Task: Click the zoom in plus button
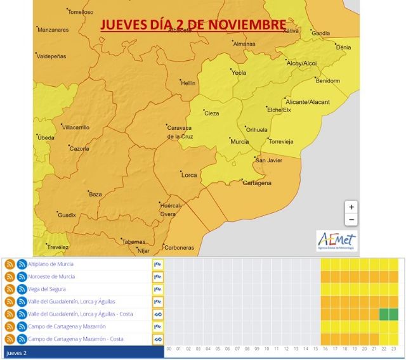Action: (x=351, y=207)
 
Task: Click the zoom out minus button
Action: (x=351, y=220)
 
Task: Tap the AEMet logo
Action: (x=336, y=241)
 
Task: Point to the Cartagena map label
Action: (x=258, y=183)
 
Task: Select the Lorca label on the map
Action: (x=190, y=174)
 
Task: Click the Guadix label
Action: (x=67, y=215)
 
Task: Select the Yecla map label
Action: (x=239, y=72)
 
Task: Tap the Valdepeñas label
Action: (x=51, y=56)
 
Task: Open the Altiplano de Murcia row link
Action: (x=51, y=264)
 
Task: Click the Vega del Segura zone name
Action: (x=47, y=289)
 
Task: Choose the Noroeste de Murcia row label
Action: (x=51, y=276)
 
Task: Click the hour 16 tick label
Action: (x=325, y=349)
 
